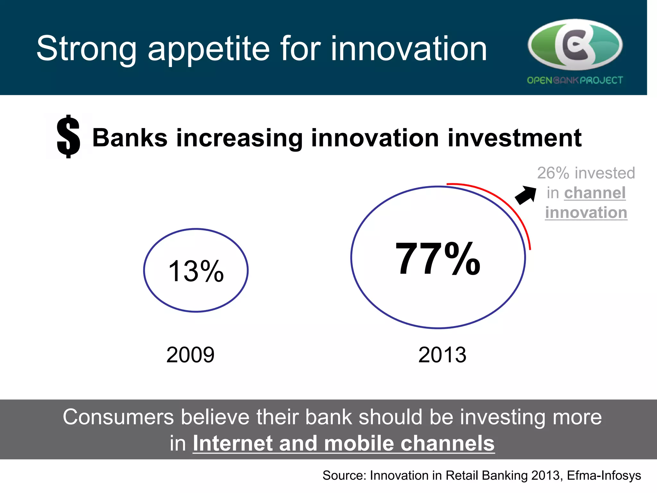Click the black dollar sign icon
[68, 136]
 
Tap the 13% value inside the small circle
[196, 271]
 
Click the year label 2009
[190, 355]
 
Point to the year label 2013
[442, 355]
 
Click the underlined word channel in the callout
[595, 193]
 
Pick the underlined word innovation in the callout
[586, 213]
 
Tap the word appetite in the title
[209, 49]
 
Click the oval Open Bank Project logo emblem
[575, 45]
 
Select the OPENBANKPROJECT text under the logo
[575, 80]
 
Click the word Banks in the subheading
[130, 138]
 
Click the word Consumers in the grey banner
[118, 417]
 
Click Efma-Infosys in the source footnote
[604, 475]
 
